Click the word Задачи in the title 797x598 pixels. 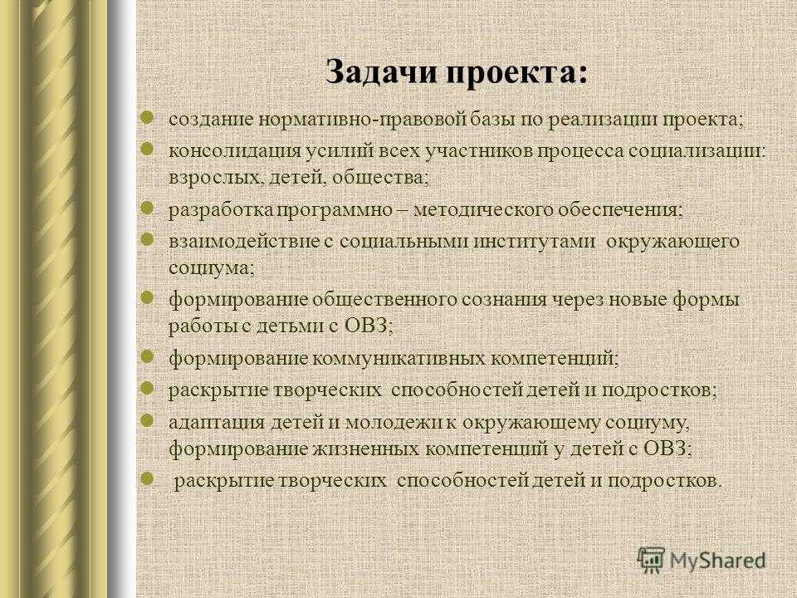[x=382, y=72]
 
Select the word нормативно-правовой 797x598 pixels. [x=363, y=120]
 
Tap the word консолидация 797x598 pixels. [x=235, y=152]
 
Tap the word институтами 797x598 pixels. [x=534, y=242]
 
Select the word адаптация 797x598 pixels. [x=217, y=423]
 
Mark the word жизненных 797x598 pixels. [x=365, y=449]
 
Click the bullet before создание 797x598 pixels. [x=147, y=119]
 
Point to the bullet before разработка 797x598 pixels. [x=147, y=208]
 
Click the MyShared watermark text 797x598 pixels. [x=717, y=561]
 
